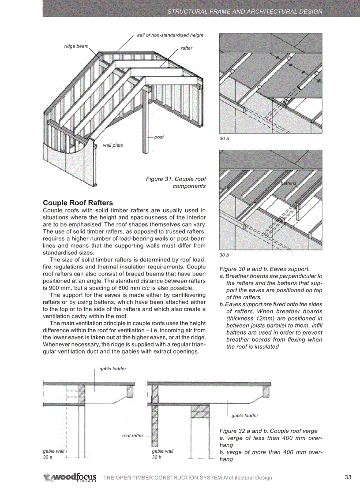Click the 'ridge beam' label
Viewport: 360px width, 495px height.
(76, 46)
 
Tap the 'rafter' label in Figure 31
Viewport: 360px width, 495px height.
(186, 48)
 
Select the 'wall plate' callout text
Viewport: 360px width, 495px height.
(113, 145)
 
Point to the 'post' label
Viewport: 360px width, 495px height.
(159, 137)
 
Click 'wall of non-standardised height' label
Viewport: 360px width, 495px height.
(169, 35)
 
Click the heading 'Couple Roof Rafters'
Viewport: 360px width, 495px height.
(78, 203)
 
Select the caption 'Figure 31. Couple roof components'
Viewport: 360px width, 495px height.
(176, 182)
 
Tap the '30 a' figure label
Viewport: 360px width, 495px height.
(224, 138)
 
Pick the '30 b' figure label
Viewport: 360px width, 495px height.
(224, 255)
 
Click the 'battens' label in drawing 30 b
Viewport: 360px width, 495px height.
(289, 183)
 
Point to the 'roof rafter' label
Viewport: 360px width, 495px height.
(132, 435)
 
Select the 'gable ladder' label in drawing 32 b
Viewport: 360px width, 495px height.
(244, 415)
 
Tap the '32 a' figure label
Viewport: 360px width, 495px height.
(48, 457)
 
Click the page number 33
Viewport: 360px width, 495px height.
(348, 477)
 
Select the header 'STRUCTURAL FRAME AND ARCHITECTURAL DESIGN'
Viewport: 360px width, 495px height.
(245, 11)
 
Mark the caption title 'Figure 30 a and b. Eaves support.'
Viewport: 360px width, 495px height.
(264, 269)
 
